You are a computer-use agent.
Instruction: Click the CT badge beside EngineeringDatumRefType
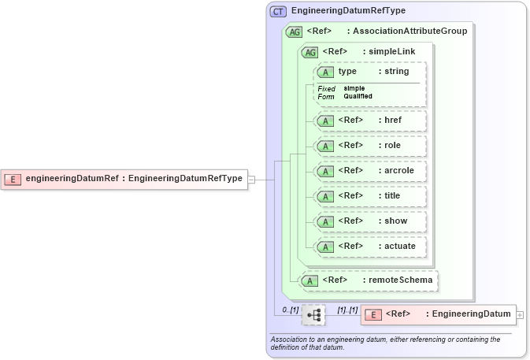[x=278, y=12]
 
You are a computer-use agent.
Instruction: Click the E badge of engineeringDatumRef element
[x=13, y=179]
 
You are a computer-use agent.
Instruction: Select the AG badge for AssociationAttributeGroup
[x=295, y=32]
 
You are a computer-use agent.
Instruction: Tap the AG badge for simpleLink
[x=310, y=52]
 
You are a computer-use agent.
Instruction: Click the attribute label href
[x=393, y=121]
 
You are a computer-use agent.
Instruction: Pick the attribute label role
[x=392, y=146]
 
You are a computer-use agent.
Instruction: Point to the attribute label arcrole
[x=398, y=170]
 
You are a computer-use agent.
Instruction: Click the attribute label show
[x=395, y=221]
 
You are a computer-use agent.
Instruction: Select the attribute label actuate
[x=399, y=246]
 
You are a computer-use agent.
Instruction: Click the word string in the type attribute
[x=396, y=72]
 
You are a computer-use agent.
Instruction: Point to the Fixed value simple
[x=354, y=88]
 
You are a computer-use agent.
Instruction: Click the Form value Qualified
[x=358, y=96]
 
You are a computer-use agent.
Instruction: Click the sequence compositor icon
[x=313, y=315]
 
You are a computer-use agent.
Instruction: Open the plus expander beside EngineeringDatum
[x=520, y=314]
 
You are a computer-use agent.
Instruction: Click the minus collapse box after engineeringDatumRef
[x=251, y=180]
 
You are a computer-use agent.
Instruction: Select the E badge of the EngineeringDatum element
[x=373, y=314]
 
